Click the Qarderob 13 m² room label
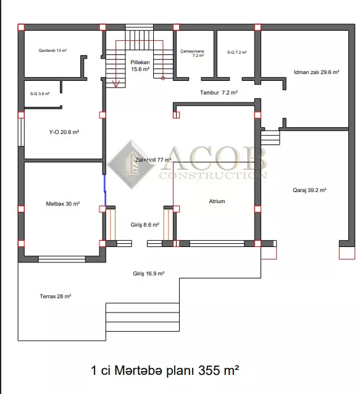52,51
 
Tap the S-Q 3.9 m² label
40,94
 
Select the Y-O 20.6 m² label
64,132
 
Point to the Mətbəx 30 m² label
63,204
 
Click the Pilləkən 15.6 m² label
140,65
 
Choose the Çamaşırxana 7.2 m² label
192,53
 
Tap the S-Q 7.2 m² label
237,52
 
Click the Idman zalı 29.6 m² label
317,72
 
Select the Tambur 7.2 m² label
219,93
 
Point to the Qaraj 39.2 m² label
309,190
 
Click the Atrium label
217,201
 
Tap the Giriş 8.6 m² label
144,225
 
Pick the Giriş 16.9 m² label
148,274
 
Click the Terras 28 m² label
56,296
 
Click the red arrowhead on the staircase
116,84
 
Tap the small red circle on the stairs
163,78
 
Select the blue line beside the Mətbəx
105,190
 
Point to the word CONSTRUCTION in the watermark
213,175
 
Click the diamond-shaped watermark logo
132,164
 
